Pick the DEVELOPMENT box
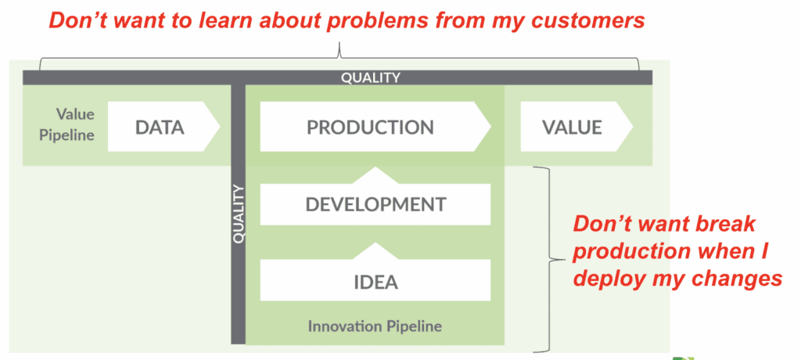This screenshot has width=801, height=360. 375,204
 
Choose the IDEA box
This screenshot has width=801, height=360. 375,281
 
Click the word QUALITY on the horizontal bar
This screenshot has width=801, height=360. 370,77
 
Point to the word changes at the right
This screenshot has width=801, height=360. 738,279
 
